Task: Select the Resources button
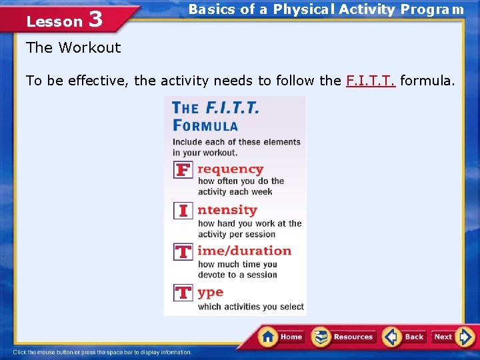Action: [x=344, y=337]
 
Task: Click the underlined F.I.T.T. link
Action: [x=371, y=81]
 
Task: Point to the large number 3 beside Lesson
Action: [x=95, y=19]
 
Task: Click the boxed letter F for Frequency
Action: [x=183, y=170]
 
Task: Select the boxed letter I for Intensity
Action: [x=183, y=211]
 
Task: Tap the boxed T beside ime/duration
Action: [x=183, y=252]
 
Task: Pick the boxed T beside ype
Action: [x=183, y=293]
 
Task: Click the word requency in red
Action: [x=230, y=169]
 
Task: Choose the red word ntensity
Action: [x=227, y=210]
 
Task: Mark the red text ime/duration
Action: [x=244, y=251]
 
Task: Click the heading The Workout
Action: [x=73, y=47]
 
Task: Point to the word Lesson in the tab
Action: [x=54, y=21]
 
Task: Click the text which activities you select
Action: [x=251, y=307]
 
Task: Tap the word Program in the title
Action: [x=439, y=9]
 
